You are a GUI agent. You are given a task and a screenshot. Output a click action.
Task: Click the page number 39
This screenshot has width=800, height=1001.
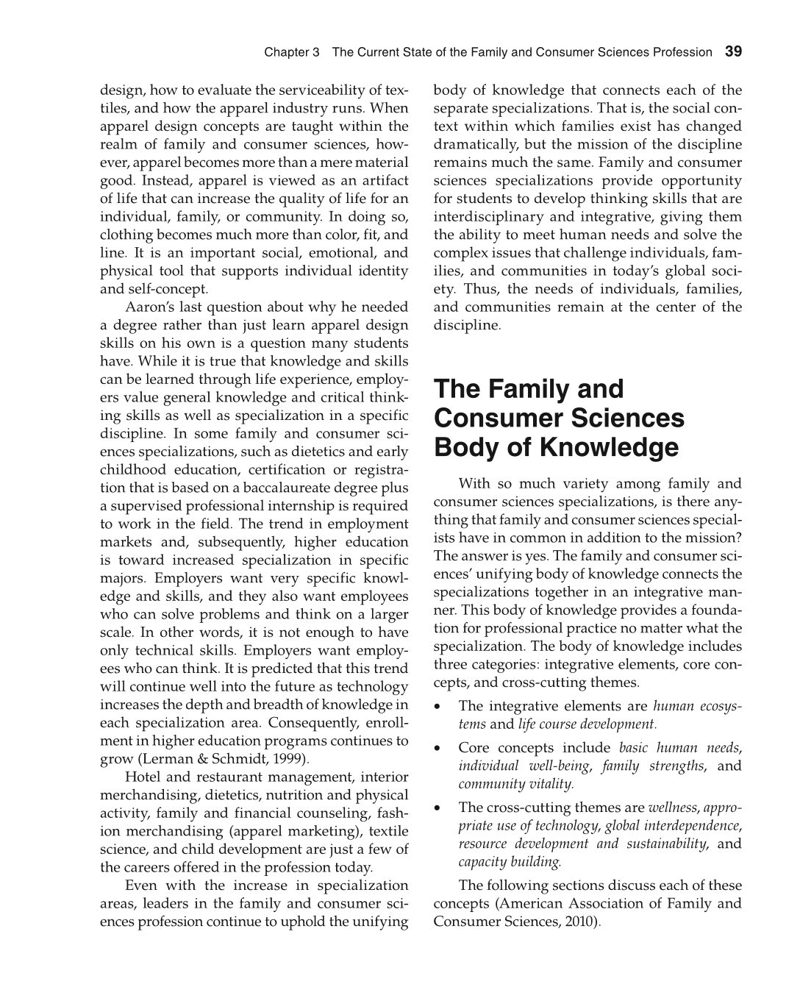[x=733, y=51]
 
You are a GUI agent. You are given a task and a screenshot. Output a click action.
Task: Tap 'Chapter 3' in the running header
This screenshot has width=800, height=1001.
[x=292, y=52]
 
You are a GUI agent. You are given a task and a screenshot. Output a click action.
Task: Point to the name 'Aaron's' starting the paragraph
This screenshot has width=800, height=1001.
[x=151, y=307]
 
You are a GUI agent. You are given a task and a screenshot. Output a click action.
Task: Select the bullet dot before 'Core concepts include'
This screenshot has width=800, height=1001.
[x=438, y=749]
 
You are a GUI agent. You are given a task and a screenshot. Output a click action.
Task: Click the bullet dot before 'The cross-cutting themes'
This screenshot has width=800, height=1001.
[x=438, y=808]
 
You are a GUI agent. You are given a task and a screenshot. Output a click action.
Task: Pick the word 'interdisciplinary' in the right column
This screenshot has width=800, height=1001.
[x=489, y=216]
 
